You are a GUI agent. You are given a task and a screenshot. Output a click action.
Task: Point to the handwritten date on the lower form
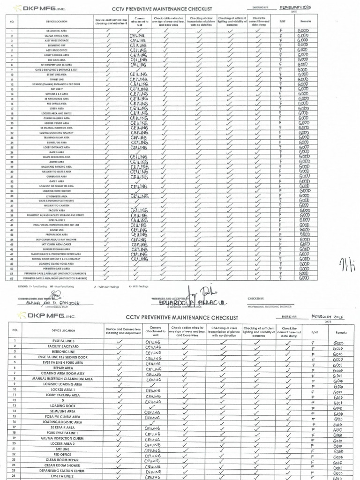[x=327, y=317]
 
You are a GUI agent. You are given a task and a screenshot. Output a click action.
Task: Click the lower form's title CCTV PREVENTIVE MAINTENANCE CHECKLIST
[x=182, y=317]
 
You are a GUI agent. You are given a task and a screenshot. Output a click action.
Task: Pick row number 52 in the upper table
[x=11, y=278]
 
